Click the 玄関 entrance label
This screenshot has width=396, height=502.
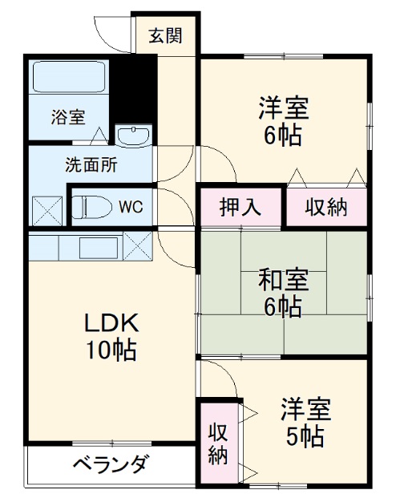click(165, 35)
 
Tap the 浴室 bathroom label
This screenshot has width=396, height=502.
click(68, 115)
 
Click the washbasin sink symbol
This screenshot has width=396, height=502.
click(132, 136)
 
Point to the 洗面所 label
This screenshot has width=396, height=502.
click(91, 166)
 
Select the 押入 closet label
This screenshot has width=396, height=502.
click(240, 207)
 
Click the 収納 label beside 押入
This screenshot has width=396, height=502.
click(326, 207)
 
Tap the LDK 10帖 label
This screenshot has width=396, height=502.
click(113, 336)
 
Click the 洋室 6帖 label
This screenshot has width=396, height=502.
click(283, 120)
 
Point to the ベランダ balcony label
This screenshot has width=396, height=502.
click(110, 464)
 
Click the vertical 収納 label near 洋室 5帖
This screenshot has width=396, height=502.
click(217, 443)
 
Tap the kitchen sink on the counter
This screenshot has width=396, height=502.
click(98, 245)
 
